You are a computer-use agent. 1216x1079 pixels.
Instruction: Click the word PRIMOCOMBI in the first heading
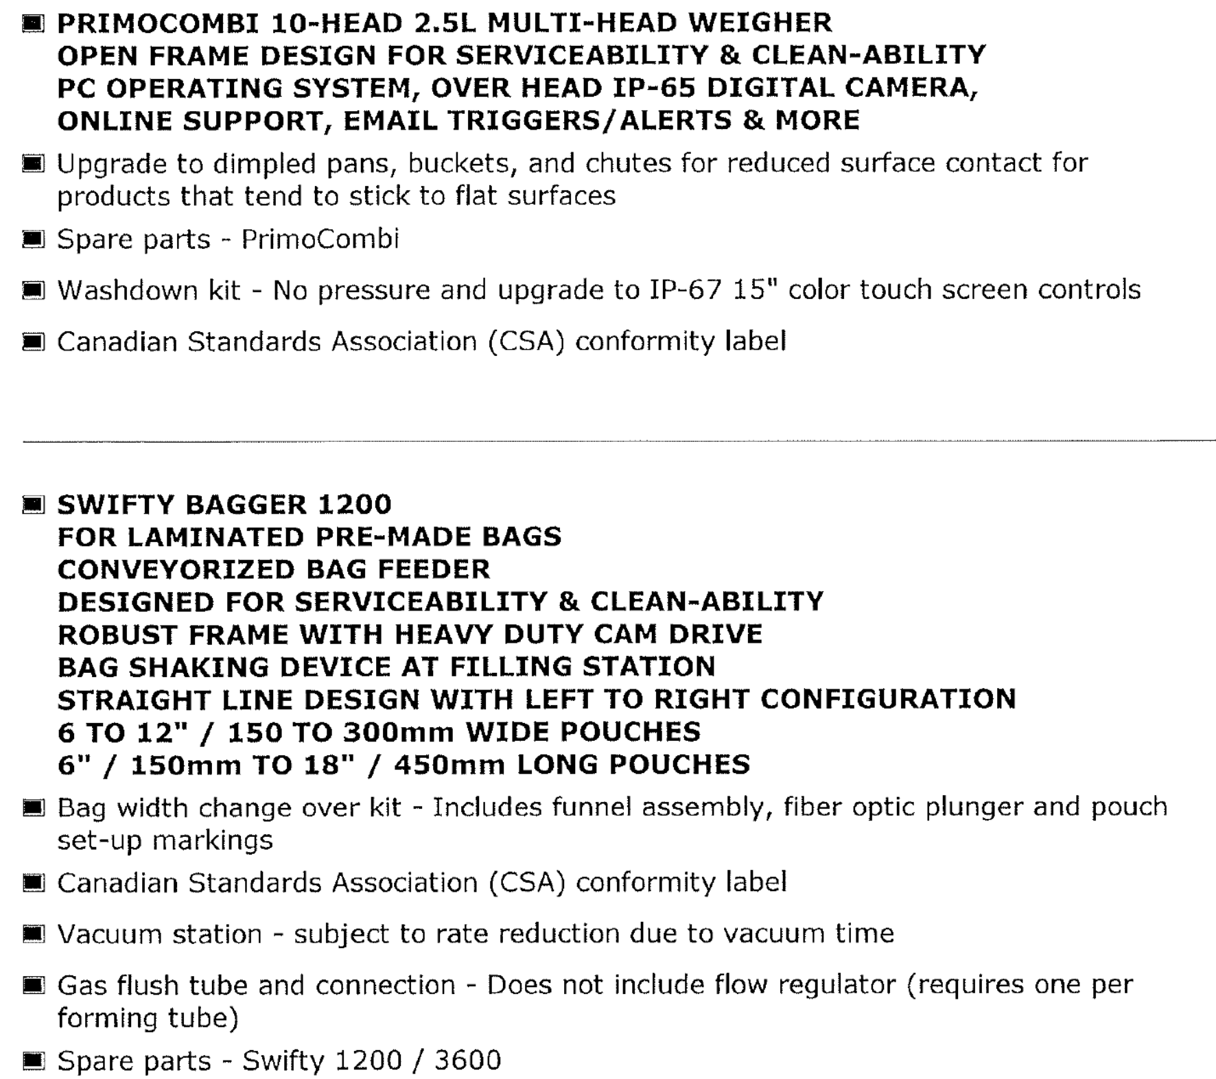coord(159,23)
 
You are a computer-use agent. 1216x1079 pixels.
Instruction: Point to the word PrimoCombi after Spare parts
coord(320,239)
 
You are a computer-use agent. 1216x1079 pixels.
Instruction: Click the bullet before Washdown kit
coord(33,290)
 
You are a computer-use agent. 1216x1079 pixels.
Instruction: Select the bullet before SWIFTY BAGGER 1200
coord(33,505)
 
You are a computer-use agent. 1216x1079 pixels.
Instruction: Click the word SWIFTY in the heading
coord(116,505)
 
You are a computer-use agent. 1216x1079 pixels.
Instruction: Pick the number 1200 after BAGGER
coord(355,505)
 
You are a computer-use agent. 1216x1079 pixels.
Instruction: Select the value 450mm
coord(449,764)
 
